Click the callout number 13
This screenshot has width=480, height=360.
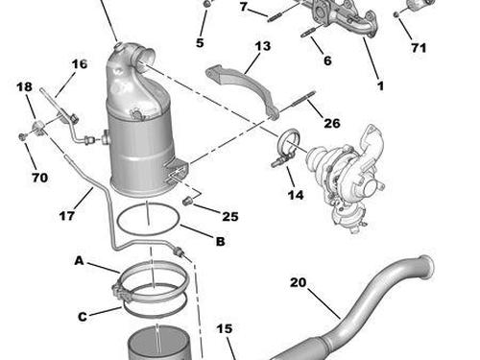263,46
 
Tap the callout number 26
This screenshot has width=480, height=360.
332,123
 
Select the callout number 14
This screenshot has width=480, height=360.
296,195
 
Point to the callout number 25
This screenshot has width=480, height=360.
230,217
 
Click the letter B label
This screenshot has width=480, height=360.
221,241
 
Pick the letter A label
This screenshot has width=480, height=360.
79,261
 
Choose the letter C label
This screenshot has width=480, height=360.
83,317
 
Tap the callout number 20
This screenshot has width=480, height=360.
298,282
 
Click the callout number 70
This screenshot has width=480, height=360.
40,178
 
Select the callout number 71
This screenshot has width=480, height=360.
419,48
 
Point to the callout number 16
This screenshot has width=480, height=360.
80,64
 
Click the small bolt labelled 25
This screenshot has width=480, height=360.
186,202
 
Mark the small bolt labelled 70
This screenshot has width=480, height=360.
22,137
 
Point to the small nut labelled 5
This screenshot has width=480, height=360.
207,4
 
